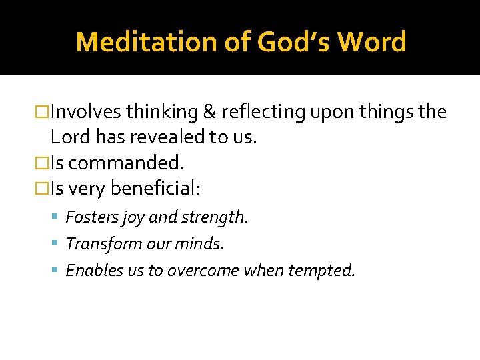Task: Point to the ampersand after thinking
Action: (x=207, y=112)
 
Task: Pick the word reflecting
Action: (x=262, y=112)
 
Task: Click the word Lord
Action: (x=69, y=137)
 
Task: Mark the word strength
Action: (x=215, y=217)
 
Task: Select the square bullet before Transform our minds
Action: (x=57, y=244)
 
